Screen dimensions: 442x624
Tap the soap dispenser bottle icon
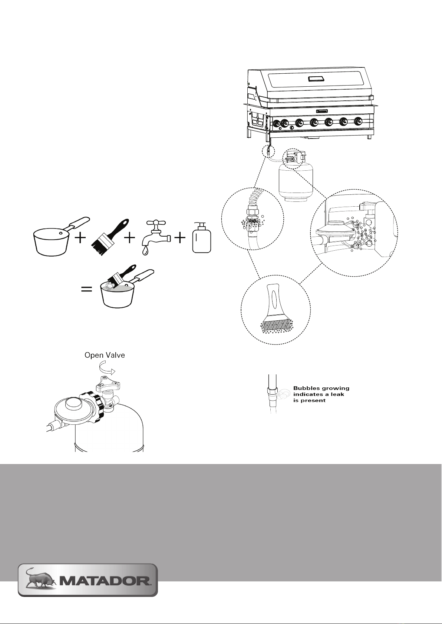point(202,237)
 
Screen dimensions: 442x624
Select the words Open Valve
point(105,355)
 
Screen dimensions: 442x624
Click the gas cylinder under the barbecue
point(296,178)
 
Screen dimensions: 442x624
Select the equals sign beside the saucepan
point(86,290)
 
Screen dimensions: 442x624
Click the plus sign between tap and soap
point(180,238)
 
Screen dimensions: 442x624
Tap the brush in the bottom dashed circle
point(276,308)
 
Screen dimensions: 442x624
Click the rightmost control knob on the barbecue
point(358,122)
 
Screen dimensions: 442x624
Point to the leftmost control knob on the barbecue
point(277,123)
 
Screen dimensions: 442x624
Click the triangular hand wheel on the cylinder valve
point(108,383)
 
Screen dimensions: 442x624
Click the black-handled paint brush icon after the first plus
point(110,237)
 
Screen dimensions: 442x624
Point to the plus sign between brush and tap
point(130,238)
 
